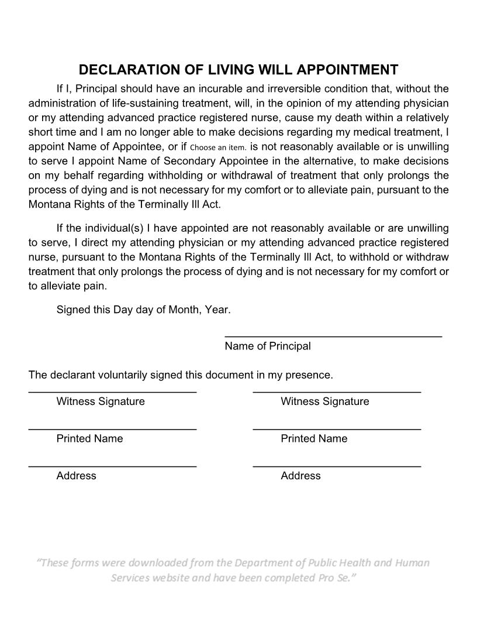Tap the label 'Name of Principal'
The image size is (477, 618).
click(268, 346)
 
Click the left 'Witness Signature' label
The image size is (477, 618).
click(101, 401)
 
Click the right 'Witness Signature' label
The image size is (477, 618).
click(325, 401)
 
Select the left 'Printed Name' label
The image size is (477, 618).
click(89, 439)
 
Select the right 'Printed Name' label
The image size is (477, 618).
click(314, 439)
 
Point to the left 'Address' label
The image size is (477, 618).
click(76, 476)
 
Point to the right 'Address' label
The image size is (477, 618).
click(300, 476)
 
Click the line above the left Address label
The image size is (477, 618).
click(112, 466)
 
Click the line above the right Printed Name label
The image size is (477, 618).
click(337, 430)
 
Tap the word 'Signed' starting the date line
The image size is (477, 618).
click(73, 310)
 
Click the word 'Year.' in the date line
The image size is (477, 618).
click(217, 310)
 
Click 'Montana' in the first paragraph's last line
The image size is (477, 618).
click(49, 204)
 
